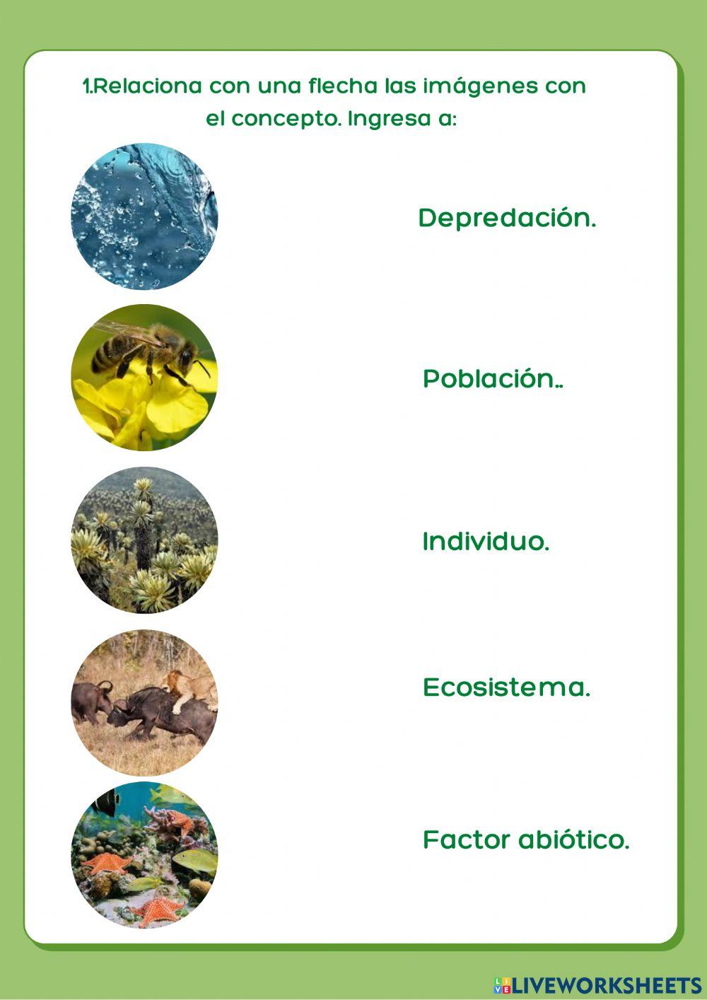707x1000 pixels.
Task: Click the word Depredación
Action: [x=507, y=218]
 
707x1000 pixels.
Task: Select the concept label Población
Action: [x=492, y=379]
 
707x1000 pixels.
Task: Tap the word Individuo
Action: [x=485, y=542]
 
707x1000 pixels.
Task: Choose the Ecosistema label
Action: [x=506, y=687]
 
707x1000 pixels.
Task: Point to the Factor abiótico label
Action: [x=525, y=840]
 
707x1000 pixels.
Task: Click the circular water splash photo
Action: [x=144, y=216]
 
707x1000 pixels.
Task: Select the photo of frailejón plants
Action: [x=144, y=540]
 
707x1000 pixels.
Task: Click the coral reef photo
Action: [x=144, y=855]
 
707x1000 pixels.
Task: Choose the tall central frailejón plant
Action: [x=144, y=523]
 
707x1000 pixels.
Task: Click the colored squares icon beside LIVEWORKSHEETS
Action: [x=502, y=985]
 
